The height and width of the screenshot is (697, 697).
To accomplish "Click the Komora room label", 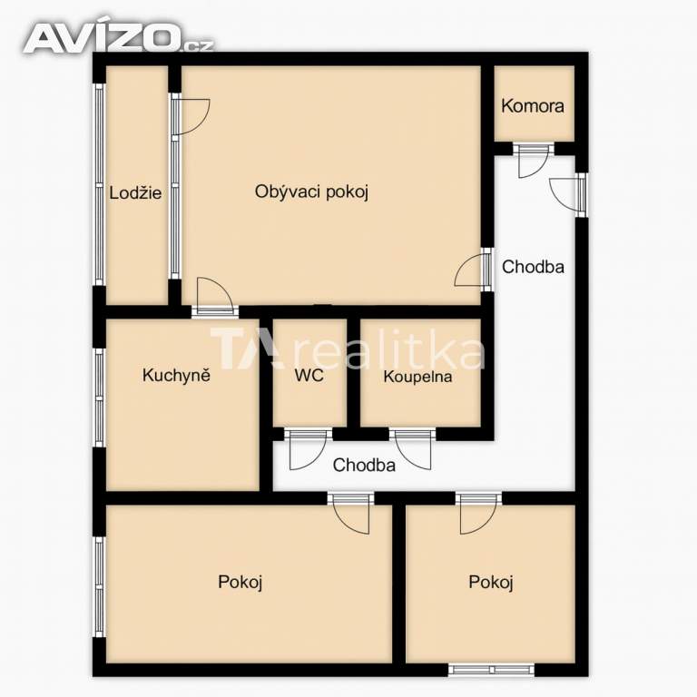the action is (x=533, y=106).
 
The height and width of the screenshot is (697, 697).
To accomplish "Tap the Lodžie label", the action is (x=135, y=193).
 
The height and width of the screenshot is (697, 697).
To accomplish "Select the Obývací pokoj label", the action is (x=311, y=192).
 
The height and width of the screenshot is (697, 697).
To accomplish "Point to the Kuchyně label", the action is (x=176, y=375).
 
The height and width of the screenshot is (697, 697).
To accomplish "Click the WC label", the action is (x=309, y=375).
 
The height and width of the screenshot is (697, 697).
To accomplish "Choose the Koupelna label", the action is (x=417, y=377).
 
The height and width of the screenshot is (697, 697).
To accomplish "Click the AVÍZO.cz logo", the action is (x=119, y=37).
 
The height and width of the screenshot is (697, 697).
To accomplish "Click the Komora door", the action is (x=533, y=160).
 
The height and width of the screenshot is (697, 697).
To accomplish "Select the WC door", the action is (x=308, y=449).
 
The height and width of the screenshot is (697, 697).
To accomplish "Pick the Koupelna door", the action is (x=413, y=449).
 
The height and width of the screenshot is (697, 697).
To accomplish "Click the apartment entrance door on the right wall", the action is (x=568, y=195).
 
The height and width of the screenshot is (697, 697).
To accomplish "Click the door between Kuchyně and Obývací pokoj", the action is (x=215, y=297).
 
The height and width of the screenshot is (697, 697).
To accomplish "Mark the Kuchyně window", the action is (x=99, y=398).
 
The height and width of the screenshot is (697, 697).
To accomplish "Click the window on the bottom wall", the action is (x=491, y=670).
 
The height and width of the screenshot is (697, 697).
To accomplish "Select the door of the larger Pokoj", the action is (x=351, y=514).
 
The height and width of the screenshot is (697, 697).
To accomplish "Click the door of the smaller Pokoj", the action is (x=479, y=514).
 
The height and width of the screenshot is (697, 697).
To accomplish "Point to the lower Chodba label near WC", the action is (x=364, y=465).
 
